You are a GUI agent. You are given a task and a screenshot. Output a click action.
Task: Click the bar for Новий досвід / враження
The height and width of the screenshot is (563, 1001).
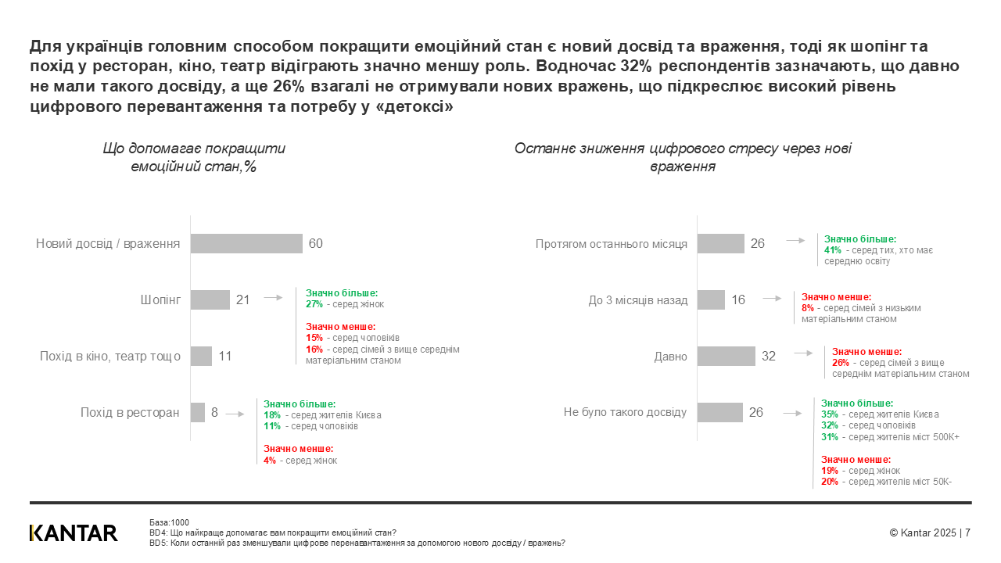[246, 244]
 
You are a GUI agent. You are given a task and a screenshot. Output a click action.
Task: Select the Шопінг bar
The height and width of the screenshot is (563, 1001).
[210, 299]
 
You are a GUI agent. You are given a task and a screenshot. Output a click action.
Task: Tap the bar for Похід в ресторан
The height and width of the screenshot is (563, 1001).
[198, 412]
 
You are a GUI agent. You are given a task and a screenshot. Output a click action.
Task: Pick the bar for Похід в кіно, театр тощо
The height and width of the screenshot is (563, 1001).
[201, 356]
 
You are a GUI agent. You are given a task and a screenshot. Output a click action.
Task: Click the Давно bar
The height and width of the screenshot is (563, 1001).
[726, 356]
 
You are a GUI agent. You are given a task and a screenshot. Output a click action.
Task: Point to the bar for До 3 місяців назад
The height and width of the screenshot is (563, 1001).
[711, 299]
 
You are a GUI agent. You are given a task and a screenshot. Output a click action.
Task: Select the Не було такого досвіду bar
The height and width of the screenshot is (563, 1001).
[719, 412]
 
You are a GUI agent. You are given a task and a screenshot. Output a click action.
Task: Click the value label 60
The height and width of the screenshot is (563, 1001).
[316, 244]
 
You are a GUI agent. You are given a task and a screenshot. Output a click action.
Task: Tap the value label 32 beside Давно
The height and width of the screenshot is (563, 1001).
[769, 357]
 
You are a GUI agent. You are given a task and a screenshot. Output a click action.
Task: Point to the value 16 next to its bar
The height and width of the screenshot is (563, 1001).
[738, 300]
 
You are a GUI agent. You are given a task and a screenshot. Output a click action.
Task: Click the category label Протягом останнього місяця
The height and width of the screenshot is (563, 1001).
[612, 244]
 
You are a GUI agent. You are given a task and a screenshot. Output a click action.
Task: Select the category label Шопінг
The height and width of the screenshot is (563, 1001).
[160, 299]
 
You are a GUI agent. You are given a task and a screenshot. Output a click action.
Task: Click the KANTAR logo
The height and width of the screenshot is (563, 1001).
[74, 533]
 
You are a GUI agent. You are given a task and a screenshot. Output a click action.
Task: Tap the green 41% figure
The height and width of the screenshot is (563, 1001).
[833, 250]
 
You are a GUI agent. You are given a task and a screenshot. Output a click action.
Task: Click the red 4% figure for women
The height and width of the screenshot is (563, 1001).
[270, 461]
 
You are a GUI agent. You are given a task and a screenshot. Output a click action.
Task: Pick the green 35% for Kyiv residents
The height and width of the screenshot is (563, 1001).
[830, 414]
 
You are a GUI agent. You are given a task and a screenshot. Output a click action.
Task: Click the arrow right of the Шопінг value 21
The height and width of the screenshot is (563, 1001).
[273, 298]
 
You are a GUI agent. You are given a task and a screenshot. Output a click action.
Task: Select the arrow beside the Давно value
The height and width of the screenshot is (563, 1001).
[803, 353]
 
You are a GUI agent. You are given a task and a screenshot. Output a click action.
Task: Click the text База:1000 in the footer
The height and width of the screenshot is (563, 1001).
[169, 522]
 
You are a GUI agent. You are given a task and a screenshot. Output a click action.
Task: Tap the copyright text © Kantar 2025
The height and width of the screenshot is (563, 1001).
[923, 533]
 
